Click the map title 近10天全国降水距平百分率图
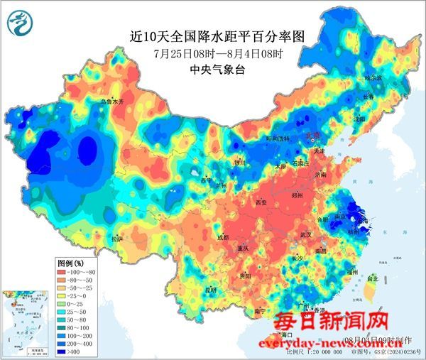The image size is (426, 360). click(x=212, y=34)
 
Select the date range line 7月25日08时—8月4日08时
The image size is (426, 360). click(x=212, y=53)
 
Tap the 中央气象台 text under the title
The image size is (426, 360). click(x=212, y=70)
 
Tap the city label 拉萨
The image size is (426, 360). click(x=117, y=239)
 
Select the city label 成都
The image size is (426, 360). click(x=223, y=237)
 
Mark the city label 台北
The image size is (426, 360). click(x=373, y=279)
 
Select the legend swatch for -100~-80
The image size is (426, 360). click(x=69, y=272)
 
